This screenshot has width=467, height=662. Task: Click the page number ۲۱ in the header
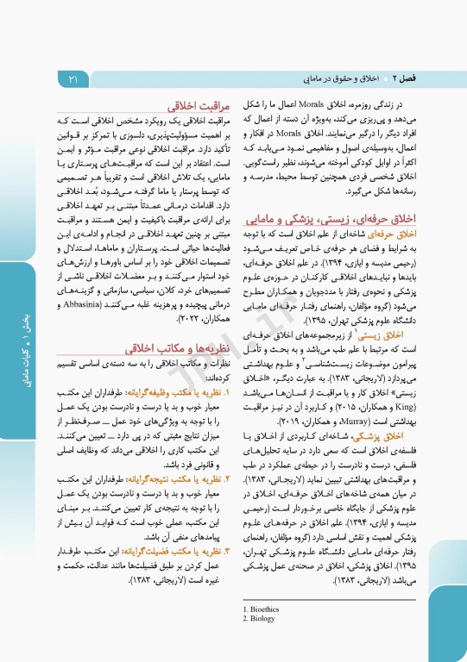73,80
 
